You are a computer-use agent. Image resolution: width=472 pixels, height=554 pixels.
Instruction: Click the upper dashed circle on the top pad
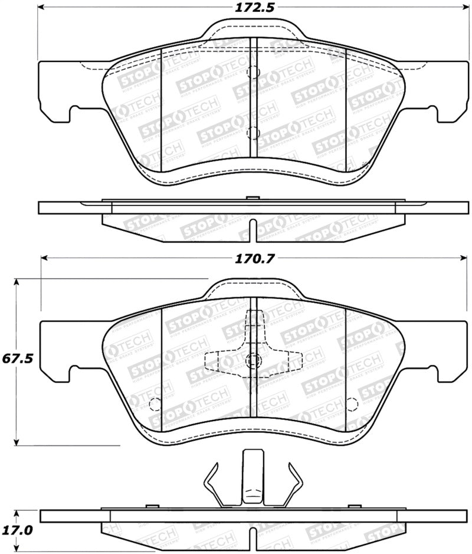pyautogui.click(x=252, y=72)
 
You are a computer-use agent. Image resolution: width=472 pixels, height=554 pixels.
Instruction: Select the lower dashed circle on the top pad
pyautogui.click(x=252, y=132)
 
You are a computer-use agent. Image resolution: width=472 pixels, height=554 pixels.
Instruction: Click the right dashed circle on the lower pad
pyautogui.click(x=352, y=404)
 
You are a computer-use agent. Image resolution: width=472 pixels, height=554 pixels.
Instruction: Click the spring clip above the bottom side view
pyautogui.click(x=254, y=478)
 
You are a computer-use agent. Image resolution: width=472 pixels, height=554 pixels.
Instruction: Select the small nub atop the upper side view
pyautogui.click(x=251, y=198)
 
